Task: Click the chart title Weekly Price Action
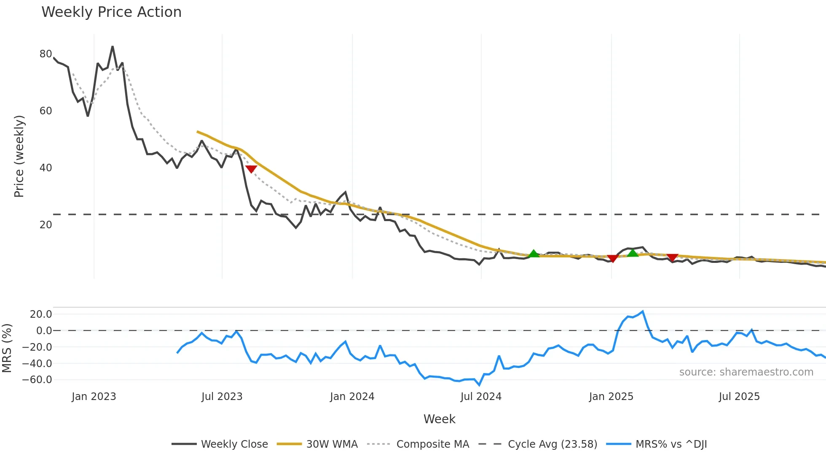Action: (x=111, y=12)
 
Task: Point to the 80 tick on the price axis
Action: (x=46, y=54)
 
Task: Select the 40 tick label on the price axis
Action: (x=46, y=168)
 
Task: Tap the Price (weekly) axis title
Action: (x=19, y=156)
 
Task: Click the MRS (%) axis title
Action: (x=7, y=348)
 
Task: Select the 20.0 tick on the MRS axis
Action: (x=41, y=314)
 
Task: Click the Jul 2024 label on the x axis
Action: (x=481, y=397)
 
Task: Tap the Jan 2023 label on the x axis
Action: (x=94, y=397)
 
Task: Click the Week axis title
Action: (x=439, y=419)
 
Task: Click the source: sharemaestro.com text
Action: (x=746, y=372)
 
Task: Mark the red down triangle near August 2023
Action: (x=251, y=169)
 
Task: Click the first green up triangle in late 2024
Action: (x=534, y=254)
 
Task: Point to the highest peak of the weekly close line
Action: (x=113, y=47)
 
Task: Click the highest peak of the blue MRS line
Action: (x=643, y=312)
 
